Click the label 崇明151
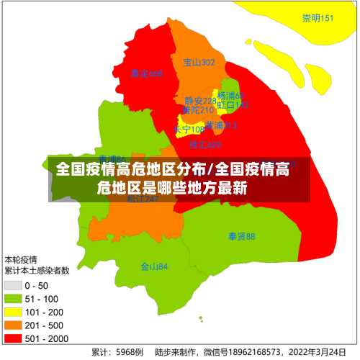pyautogui.click(x=318, y=18)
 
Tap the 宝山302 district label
pyautogui.click(x=199, y=63)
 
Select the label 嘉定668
pyautogui.click(x=146, y=73)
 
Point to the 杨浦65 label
pyautogui.click(x=231, y=96)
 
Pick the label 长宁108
pyautogui.click(x=189, y=130)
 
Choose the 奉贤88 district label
pyautogui.click(x=241, y=236)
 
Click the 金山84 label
pyautogui.click(x=154, y=266)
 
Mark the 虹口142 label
pyautogui.click(x=234, y=105)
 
